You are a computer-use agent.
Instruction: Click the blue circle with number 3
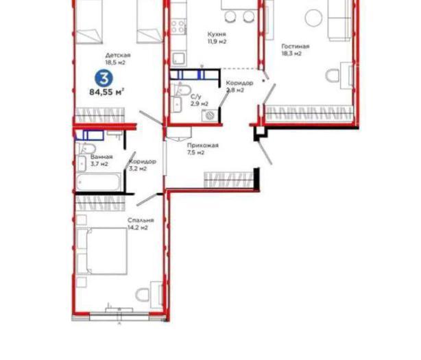pos(104,78)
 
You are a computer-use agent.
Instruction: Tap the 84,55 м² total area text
pos(106,92)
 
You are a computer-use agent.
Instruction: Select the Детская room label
pos(118,56)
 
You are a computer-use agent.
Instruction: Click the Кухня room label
pos(217,34)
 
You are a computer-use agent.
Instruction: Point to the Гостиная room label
pos(296,46)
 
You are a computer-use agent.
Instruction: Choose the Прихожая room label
pos(203,145)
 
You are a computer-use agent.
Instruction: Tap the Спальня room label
pos(141,220)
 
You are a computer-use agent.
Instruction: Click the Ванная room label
pos(101,157)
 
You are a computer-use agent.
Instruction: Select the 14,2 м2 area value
pos(137,228)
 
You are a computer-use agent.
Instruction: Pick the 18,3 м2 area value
pos(291,53)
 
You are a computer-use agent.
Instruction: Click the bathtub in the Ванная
pos(99,182)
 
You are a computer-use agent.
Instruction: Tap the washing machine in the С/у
pos(210,115)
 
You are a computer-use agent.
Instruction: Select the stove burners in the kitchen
pos(178,26)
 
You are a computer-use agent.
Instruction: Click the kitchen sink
pos(178,58)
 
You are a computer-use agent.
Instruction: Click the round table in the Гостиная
pos(314,18)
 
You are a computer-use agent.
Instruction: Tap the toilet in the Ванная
pos(86,148)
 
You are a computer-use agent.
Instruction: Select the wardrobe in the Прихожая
pos(229,180)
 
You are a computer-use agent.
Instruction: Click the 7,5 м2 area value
pos(195,153)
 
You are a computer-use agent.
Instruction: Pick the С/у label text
pos(195,97)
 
